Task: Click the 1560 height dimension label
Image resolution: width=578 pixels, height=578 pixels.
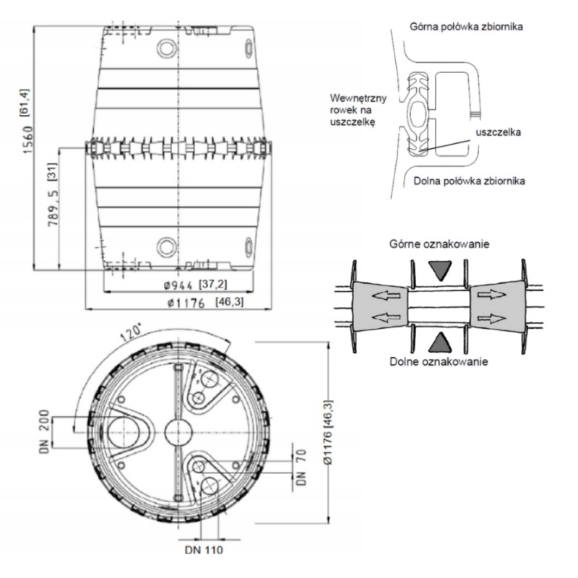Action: coord(27,139)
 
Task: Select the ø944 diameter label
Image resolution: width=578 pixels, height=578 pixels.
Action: coord(178,285)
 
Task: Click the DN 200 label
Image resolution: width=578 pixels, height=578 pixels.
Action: coord(44,431)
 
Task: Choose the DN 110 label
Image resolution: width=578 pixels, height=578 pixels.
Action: coord(204,550)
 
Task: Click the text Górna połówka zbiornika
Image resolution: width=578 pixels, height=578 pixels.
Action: coord(466,27)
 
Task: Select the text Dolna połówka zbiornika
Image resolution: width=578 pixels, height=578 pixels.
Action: coord(469,181)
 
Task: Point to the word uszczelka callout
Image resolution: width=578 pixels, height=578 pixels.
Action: coord(498,132)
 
